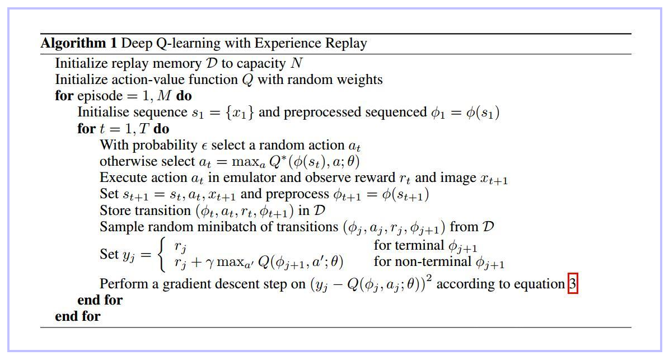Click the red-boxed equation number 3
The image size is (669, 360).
pyautogui.click(x=572, y=284)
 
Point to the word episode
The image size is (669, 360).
pyautogui.click(x=96, y=96)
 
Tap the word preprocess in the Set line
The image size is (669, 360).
pyautogui.click(x=297, y=194)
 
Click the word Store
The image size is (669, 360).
pyautogui.click(x=115, y=211)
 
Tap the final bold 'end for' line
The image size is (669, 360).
pyautogui.click(x=77, y=316)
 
